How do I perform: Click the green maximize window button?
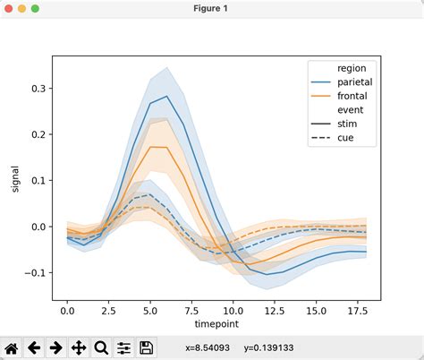(35, 8)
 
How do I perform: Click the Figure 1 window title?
(212, 8)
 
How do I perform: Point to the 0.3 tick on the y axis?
(40, 90)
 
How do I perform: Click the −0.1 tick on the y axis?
(38, 272)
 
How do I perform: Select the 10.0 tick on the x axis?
(233, 310)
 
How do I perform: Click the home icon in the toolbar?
(13, 347)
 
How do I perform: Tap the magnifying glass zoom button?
(100, 347)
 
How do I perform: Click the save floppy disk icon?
(145, 347)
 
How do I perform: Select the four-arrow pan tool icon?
(79, 347)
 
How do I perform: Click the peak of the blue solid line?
(166, 96)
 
